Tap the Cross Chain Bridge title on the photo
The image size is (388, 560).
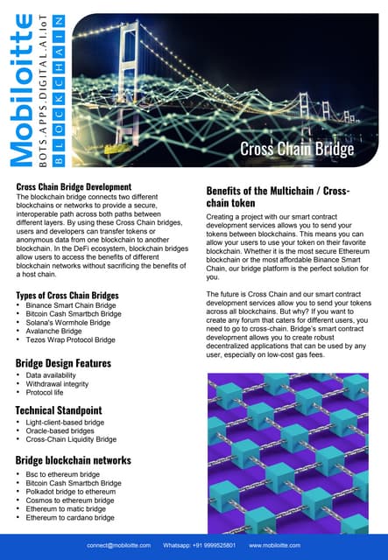pos(297,150)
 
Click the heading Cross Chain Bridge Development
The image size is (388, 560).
pos(74,187)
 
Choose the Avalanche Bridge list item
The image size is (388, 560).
pos(56,331)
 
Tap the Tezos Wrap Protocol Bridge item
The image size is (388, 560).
pos(71,339)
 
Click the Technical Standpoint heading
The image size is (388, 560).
pos(59,409)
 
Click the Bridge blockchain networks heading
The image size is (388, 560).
pos(74,460)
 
